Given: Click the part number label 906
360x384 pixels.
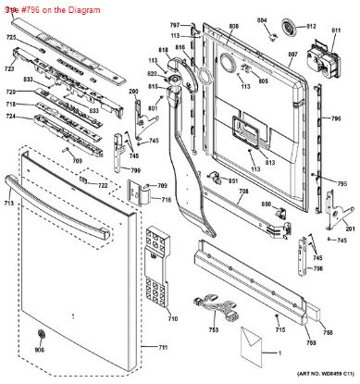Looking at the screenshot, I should [x=39, y=349].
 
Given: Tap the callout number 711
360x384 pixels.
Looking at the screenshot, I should [x=163, y=347].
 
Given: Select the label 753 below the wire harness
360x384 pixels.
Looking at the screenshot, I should [x=214, y=330].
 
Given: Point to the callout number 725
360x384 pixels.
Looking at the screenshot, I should [x=11, y=37].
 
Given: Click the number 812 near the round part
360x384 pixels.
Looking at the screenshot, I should [x=311, y=26].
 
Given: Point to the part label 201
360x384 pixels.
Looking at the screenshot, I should [x=350, y=229].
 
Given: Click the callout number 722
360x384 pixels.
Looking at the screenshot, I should [x=104, y=186].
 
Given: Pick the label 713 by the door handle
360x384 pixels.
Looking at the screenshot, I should [x=8, y=202].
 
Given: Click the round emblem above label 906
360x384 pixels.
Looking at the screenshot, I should [x=39, y=335].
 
